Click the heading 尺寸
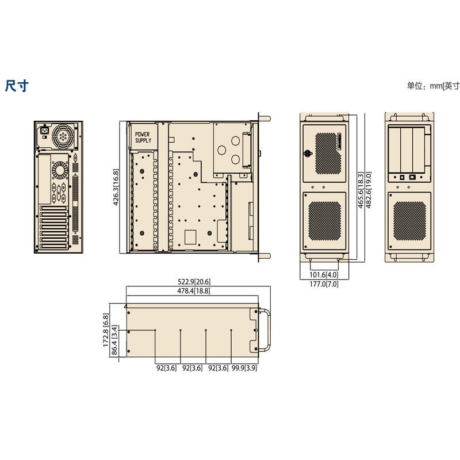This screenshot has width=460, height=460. [x=16, y=86]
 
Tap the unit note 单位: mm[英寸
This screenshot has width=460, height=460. [x=433, y=86]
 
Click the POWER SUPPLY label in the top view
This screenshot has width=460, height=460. [x=143, y=137]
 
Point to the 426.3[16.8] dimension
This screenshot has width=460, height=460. [x=116, y=187]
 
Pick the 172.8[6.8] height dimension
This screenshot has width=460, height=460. [x=106, y=330]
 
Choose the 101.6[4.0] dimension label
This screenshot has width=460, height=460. [x=324, y=275]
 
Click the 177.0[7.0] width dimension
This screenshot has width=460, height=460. [x=324, y=284]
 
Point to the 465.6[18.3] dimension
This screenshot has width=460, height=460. [x=361, y=188]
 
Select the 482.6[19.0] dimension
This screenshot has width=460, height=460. [x=369, y=188]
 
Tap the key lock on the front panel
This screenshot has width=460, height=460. [x=308, y=154]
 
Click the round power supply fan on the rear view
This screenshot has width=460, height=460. [x=63, y=137]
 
